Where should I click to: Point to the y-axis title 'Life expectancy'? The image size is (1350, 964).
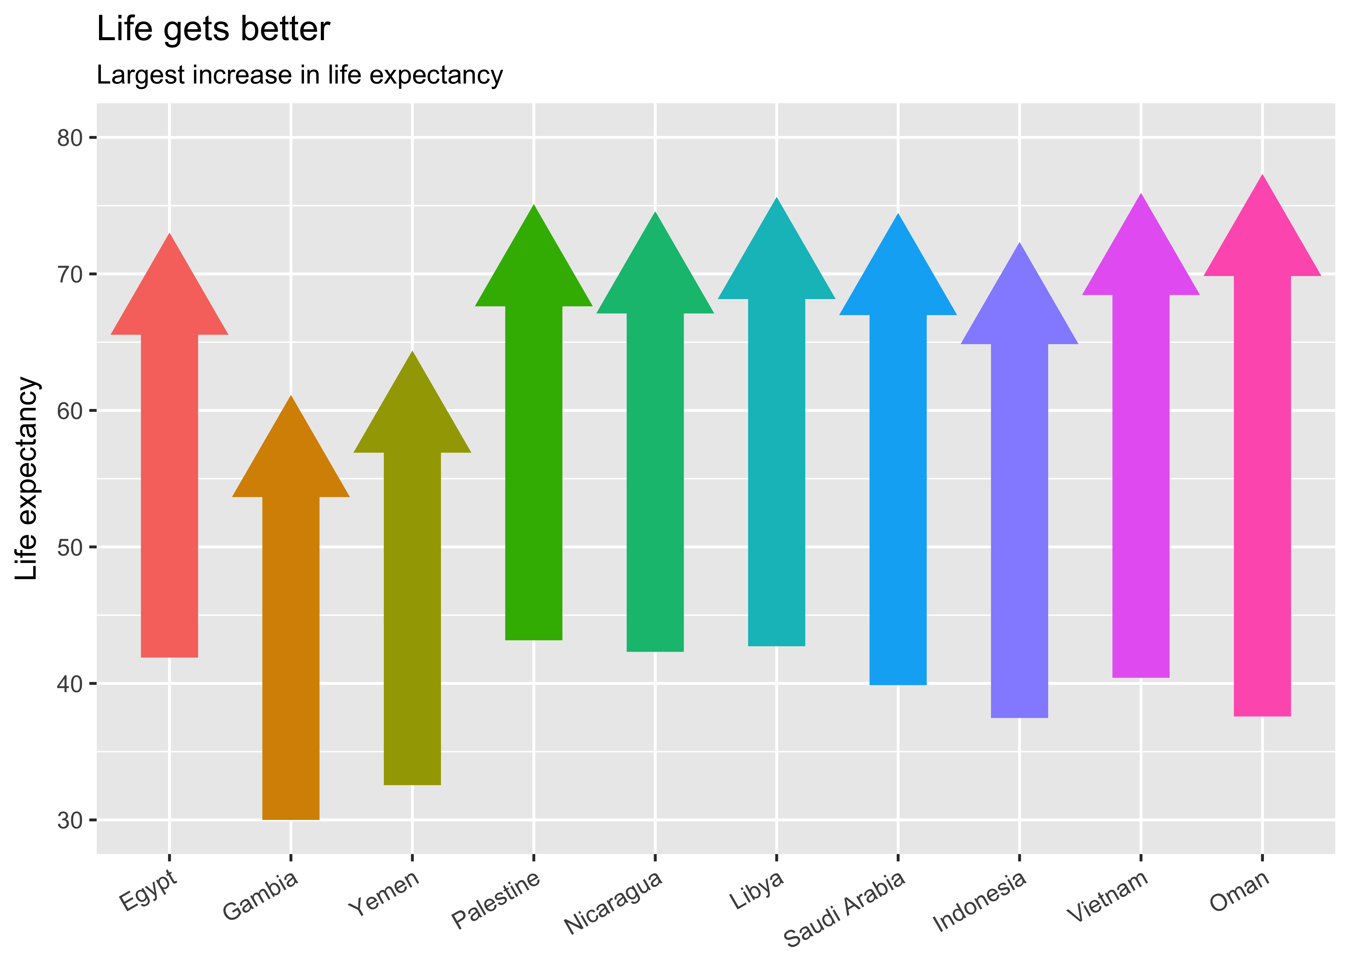click(x=27, y=478)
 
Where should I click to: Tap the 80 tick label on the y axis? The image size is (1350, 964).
click(x=69, y=138)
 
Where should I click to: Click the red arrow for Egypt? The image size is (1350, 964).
click(x=169, y=475)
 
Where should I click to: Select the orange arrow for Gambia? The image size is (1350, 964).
click(x=291, y=623)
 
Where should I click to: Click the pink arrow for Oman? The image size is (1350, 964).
click(x=1262, y=475)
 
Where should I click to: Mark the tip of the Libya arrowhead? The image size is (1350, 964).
click(x=777, y=199)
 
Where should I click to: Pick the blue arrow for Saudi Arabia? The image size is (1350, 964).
click(x=898, y=475)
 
